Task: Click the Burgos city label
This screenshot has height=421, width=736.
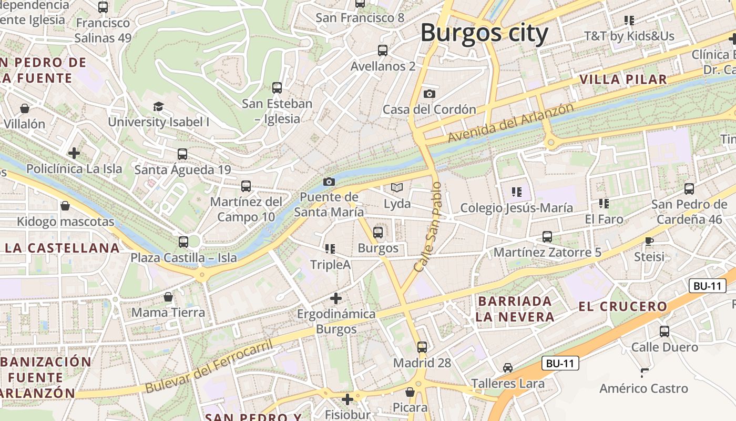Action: coord(484,33)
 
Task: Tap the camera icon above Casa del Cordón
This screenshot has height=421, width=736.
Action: coord(430,94)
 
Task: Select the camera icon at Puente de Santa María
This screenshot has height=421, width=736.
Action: coord(329,182)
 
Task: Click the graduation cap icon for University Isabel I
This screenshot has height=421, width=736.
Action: coord(159,107)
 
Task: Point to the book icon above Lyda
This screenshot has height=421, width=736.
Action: coord(397,188)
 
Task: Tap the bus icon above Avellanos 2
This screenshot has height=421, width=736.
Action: coord(383,51)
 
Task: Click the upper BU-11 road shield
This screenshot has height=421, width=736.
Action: coord(707,286)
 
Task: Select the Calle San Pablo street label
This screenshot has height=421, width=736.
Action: coord(427,227)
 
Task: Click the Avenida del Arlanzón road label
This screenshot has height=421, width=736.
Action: coord(510,123)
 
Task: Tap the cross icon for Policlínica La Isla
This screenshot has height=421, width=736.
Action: coord(74,153)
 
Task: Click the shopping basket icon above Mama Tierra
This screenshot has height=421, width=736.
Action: coord(168,297)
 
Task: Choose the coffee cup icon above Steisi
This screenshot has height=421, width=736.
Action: coord(649,241)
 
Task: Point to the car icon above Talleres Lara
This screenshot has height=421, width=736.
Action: coord(507,367)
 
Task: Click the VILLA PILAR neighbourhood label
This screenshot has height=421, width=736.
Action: coord(623,79)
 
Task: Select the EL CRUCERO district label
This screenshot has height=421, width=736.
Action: coord(622,306)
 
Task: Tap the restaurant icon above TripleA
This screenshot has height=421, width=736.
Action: coord(330,248)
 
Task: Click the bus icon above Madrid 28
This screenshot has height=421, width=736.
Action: coord(422,347)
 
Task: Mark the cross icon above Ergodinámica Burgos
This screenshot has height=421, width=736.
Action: coord(336,298)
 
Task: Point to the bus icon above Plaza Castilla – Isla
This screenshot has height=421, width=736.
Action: coord(183,242)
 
